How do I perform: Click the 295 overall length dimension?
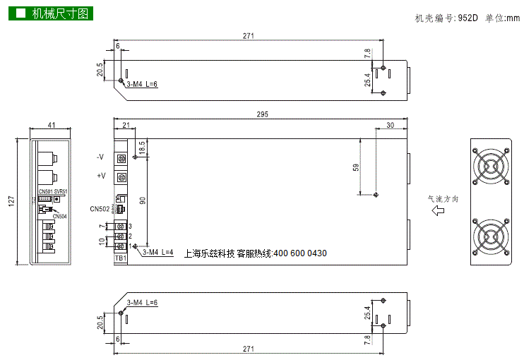(x=263, y=114)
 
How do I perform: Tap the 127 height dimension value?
(x=11, y=201)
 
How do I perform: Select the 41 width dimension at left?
(x=52, y=125)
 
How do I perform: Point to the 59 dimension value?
(x=356, y=167)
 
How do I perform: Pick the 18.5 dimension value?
(x=141, y=148)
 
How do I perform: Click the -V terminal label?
(x=100, y=156)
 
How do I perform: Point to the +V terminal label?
(x=100, y=176)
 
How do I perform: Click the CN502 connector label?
(x=100, y=209)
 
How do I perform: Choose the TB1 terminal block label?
(x=121, y=258)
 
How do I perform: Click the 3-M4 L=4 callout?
(x=157, y=252)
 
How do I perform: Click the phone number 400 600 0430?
(x=299, y=253)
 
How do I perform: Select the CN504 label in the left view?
(x=60, y=217)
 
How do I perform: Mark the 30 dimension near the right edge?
(x=391, y=125)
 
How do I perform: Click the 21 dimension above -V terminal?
(x=126, y=125)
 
